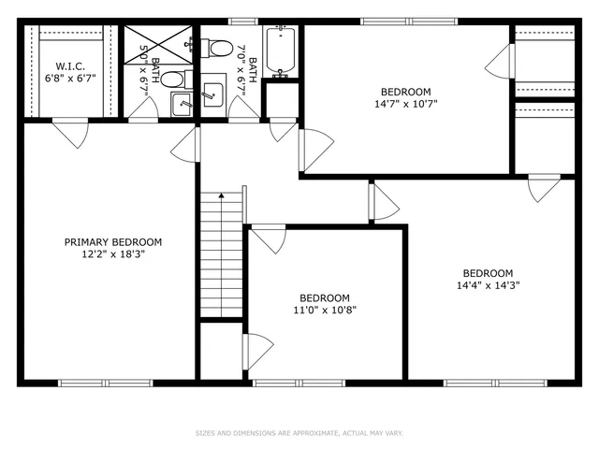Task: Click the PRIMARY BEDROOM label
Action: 112,241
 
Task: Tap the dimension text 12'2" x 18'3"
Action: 112,253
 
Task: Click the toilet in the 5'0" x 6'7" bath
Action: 183,79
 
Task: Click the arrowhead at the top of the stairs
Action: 221,196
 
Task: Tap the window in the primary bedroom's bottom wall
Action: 105,382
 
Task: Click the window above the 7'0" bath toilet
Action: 243,21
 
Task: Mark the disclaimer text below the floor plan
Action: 299,433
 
